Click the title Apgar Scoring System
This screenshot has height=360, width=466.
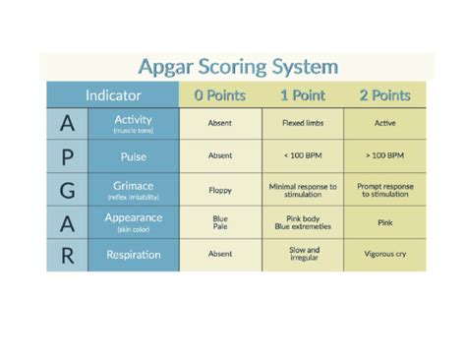pos(240,67)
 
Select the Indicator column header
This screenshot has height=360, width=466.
pos(113,96)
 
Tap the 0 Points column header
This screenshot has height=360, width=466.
pos(219,96)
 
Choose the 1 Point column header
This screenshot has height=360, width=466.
pos(302,96)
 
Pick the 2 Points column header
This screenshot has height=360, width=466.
pos(385,96)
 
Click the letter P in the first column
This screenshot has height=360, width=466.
pos(66,156)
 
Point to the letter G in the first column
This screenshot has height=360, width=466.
pos(66,190)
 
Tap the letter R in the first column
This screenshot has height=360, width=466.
pos(66,255)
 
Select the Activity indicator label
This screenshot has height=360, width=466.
pos(133,123)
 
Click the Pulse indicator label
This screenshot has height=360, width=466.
pos(133,156)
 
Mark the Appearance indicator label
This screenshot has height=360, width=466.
pos(133,221)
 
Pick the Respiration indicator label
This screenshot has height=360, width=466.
pos(133,255)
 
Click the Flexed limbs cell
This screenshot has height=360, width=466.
pos(302,124)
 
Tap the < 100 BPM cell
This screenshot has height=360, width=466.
pos(302,156)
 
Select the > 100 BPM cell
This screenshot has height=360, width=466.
pos(385,156)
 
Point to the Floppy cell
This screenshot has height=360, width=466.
pos(219,190)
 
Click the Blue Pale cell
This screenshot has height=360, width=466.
pos(219,222)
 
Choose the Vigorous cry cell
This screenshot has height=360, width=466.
pos(385,255)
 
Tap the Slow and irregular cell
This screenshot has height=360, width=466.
pos(302,255)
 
